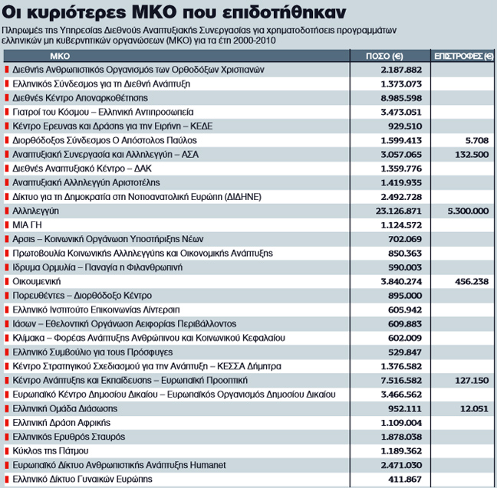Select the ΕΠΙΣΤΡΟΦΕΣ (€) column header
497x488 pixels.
[x=462, y=57]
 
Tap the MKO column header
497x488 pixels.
[x=61, y=57]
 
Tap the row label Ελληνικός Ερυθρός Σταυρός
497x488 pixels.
[x=67, y=437]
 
